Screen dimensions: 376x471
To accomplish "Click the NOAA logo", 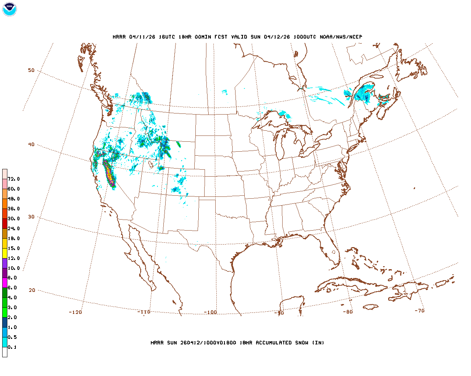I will (10, 9).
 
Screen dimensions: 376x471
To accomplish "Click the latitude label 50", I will (31, 70).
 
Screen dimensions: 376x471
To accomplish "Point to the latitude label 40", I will (31, 144).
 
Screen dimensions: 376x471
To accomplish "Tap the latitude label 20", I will (32, 290).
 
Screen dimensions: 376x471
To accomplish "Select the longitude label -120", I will (75, 312).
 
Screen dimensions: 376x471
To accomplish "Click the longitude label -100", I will (210, 312).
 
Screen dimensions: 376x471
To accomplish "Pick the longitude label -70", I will (419, 311).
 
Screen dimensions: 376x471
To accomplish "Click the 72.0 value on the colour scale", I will (14, 179).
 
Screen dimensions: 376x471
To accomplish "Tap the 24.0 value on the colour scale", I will (14, 228).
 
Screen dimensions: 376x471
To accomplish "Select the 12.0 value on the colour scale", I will (14, 258).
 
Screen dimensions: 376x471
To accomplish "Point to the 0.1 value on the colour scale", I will (12, 347).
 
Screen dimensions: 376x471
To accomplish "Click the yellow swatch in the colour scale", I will (5, 253).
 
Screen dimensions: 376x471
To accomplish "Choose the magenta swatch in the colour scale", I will (5, 283).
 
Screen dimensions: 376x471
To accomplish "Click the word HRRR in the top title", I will (119, 37).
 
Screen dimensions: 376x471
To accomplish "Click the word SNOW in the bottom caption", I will (301, 343).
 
